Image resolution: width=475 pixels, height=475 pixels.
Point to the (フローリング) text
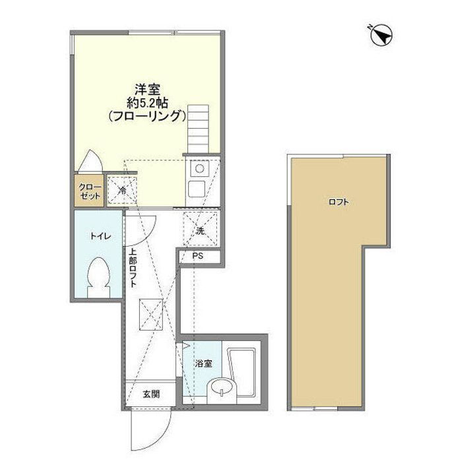pyautogui.click(x=145, y=116)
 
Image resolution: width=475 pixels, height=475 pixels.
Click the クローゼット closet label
pyautogui.click(x=90, y=191)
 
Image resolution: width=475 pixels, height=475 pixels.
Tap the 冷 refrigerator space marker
pyautogui.click(x=123, y=191)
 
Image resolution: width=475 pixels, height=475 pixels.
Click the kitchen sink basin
pyautogui.click(x=198, y=190)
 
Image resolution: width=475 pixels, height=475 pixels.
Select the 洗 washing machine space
pyautogui.click(x=199, y=231)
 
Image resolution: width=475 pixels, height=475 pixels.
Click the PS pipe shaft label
pyautogui.click(x=198, y=257)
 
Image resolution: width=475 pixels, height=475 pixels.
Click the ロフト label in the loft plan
pyautogui.click(x=338, y=202)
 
